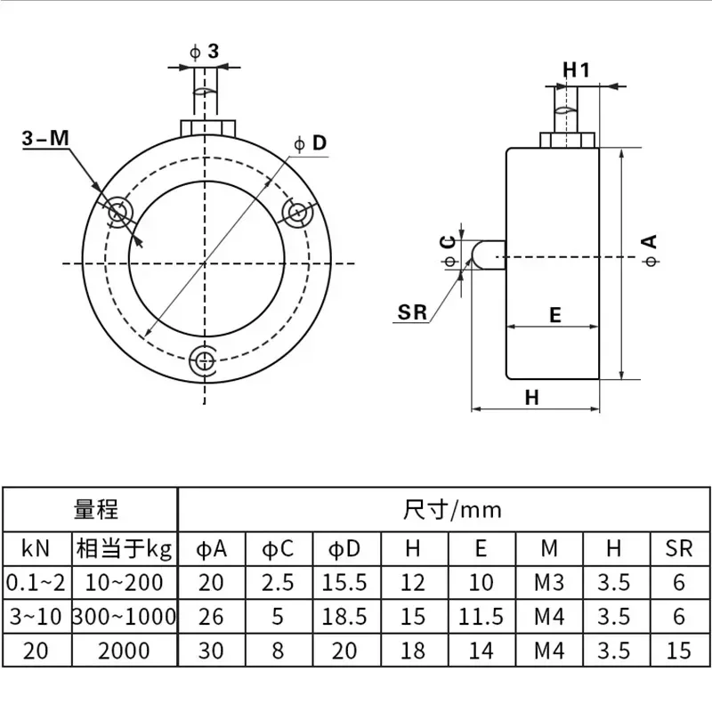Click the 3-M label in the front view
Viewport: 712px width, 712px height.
(x=44, y=139)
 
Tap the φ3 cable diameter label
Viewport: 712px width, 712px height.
(x=206, y=52)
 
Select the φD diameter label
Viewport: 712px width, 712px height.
(x=311, y=142)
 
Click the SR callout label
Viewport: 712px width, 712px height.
(x=413, y=311)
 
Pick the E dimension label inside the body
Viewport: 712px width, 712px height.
(x=554, y=314)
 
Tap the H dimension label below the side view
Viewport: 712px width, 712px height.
(x=532, y=398)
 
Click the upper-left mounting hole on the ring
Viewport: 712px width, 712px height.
(x=118, y=212)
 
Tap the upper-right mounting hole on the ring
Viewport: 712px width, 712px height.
(x=295, y=212)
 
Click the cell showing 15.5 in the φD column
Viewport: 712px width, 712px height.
(x=344, y=583)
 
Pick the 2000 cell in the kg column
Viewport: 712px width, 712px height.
(x=125, y=651)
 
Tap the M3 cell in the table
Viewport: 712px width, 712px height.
(x=550, y=583)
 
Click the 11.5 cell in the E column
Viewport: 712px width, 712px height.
(x=481, y=616)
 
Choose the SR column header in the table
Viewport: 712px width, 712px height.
(x=678, y=548)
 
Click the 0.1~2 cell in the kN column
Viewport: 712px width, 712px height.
(x=36, y=583)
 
